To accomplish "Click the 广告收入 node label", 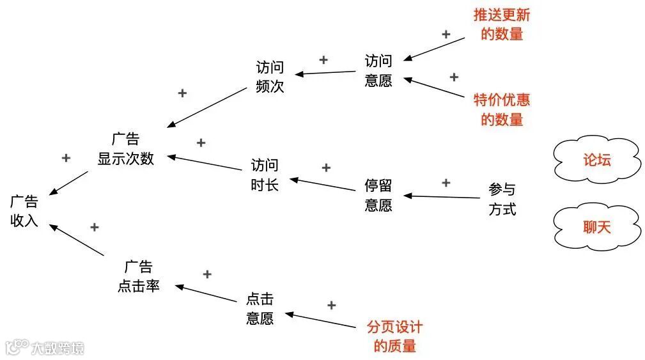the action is coord(24,212).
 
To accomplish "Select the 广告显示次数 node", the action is coord(125,149).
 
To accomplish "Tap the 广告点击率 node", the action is coord(138,276).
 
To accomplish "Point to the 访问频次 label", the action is coord(269,77).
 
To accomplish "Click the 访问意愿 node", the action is coord(378,71).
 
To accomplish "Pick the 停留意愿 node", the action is coord(378,196).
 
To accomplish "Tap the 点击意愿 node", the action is coord(260,309).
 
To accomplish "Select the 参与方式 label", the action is coord(502,200).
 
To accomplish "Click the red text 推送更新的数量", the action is coord(502,24).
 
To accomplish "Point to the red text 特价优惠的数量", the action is coord(502,109).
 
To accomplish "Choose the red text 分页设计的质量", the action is coord(394,336).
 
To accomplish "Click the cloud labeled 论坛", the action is coord(596,160).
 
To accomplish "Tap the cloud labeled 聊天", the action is coord(596,226).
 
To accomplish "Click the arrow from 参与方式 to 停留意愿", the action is coord(441,196).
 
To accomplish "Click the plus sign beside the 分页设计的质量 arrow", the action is coord(331,306).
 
